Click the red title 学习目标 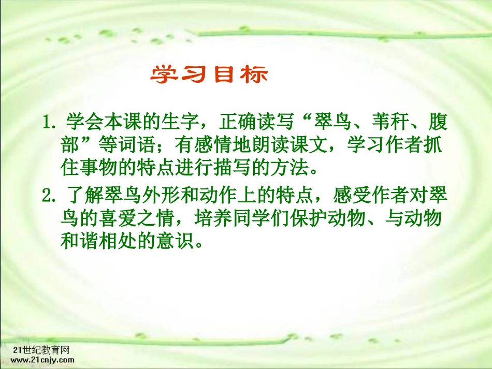pyautogui.click(x=209, y=75)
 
